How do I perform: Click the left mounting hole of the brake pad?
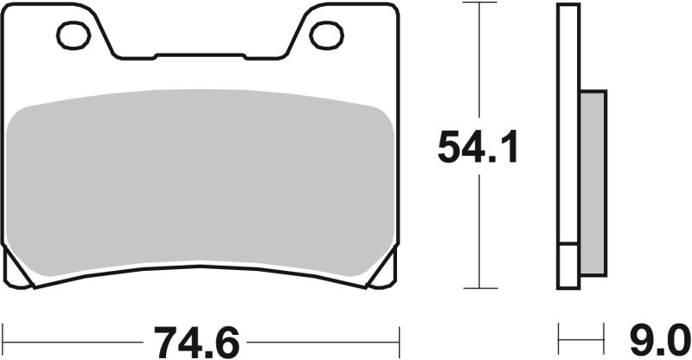pyautogui.click(x=74, y=35)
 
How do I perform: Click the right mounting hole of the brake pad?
pyautogui.click(x=327, y=35)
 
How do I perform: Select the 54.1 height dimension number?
pyautogui.click(x=477, y=148)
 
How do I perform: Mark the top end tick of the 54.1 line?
pyautogui.click(x=477, y=3)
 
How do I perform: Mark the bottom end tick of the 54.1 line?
pyautogui.click(x=477, y=288)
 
